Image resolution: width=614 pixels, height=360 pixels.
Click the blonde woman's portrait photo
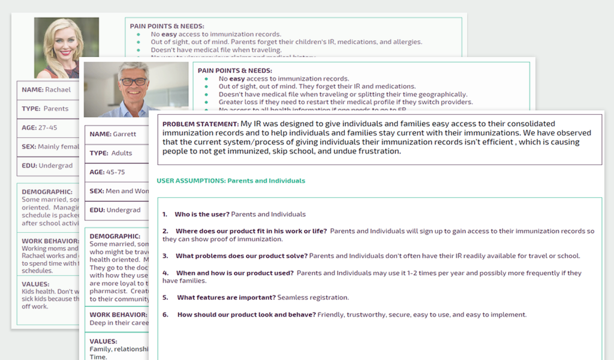pyautogui.click(x=66, y=48)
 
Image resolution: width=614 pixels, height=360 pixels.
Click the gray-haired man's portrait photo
pyautogui.click(x=136, y=89)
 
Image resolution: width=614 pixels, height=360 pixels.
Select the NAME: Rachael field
pyautogui.click(x=46, y=90)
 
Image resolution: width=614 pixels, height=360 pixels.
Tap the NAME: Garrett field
pyautogui.click(x=113, y=134)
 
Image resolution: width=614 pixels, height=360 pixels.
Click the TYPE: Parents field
pyautogui.click(x=45, y=109)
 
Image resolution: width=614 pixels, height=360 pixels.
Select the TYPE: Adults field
pyautogui.click(x=111, y=154)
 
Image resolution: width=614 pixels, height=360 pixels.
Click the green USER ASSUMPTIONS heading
pyautogui.click(x=231, y=181)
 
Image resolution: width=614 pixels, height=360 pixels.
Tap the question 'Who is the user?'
pyautogui.click(x=201, y=214)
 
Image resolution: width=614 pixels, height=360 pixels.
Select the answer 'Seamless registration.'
pyautogui.click(x=313, y=298)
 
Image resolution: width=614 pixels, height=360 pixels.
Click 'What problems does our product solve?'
pyautogui.click(x=241, y=256)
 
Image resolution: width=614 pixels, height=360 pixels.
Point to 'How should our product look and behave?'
pyautogui.click(x=246, y=315)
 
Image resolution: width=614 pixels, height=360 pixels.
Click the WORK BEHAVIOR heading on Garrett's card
pyautogui.click(x=118, y=314)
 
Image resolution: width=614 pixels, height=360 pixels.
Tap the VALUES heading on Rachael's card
pyautogui.click(x=35, y=284)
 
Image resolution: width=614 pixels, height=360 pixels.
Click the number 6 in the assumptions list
pyautogui.click(x=165, y=315)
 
